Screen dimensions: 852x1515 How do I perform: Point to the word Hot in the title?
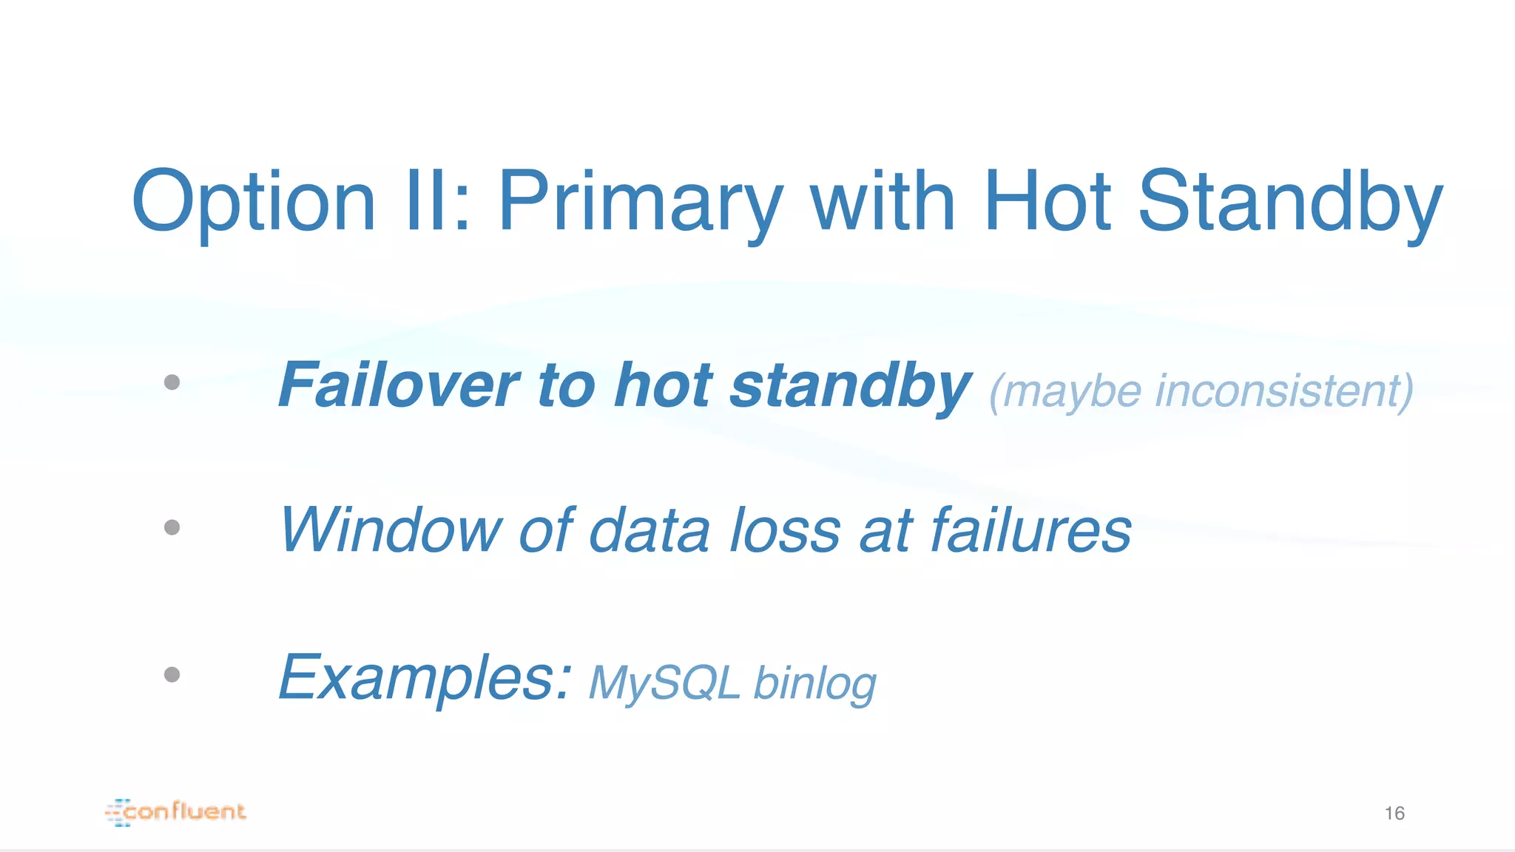[x=1047, y=201]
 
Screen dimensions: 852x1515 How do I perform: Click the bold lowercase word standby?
[x=850, y=385]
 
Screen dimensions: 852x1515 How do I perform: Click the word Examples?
[x=425, y=679]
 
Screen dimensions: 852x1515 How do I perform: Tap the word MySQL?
[x=664, y=683]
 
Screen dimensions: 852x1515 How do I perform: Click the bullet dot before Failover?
[x=172, y=382]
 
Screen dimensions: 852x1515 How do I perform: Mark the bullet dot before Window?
[x=172, y=527]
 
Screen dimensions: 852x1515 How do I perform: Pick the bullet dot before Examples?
[x=172, y=674]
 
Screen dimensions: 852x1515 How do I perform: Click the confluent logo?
[x=176, y=812]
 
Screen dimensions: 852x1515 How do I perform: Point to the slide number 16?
[x=1394, y=814]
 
